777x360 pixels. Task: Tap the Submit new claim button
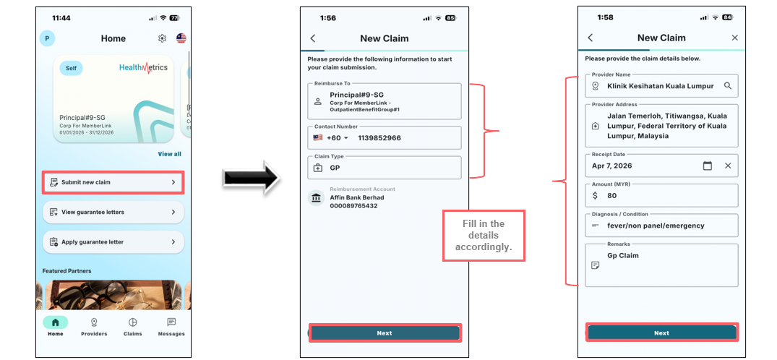pos(113,182)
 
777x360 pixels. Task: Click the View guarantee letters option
pos(113,213)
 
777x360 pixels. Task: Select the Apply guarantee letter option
pos(113,242)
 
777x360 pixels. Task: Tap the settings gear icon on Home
pos(162,38)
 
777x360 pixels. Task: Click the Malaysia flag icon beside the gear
pos(181,38)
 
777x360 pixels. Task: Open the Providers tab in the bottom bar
pos(94,327)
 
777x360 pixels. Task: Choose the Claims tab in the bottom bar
pos(132,327)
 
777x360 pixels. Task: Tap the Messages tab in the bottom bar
pos(171,327)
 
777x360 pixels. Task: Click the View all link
pos(169,154)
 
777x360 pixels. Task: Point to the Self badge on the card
pos(72,68)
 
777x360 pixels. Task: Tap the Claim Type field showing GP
pos(385,168)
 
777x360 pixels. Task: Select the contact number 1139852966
pos(379,138)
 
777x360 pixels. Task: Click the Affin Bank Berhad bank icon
pos(316,198)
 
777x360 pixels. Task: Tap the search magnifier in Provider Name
pos(727,86)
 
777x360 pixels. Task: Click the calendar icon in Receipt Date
pos(708,166)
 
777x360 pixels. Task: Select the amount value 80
pos(612,195)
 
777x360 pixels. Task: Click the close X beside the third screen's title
pos(735,38)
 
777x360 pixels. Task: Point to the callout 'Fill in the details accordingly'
pos(483,236)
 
